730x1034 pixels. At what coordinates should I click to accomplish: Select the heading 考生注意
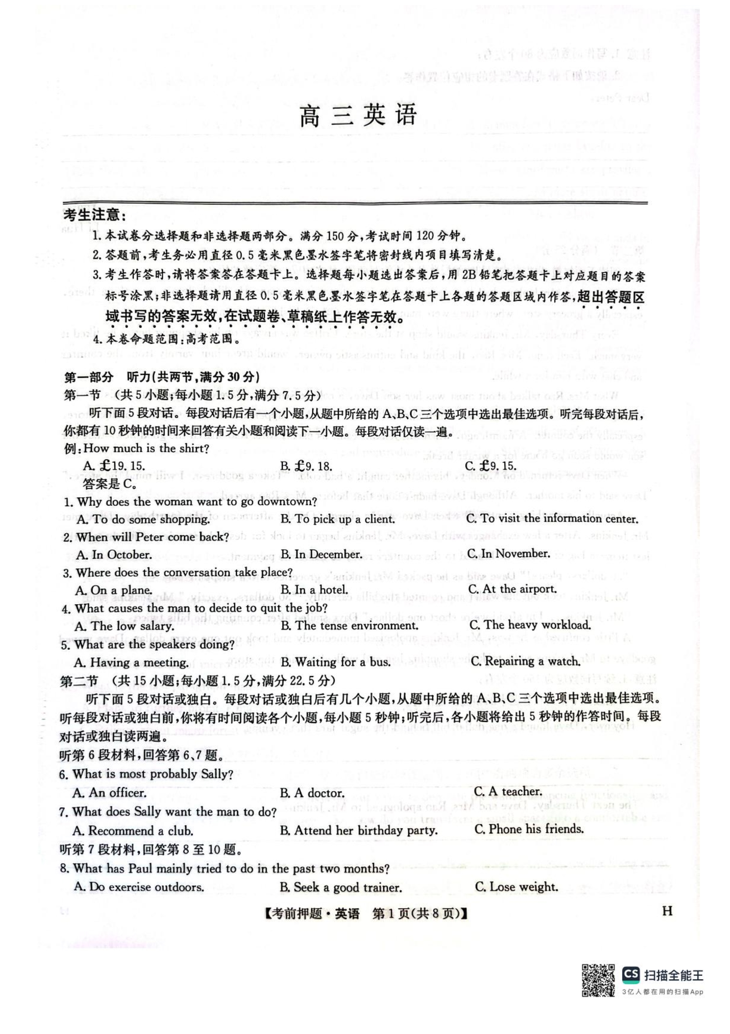(95, 215)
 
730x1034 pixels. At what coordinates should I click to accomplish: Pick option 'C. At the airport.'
(512, 589)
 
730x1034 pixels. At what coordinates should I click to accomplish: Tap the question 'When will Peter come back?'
(146, 537)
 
